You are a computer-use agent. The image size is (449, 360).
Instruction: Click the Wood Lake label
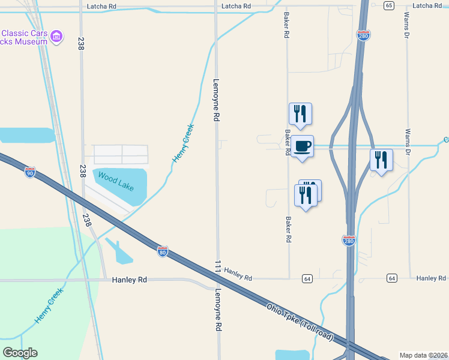click(x=116, y=181)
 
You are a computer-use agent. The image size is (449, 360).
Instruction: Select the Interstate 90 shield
click(x=30, y=173)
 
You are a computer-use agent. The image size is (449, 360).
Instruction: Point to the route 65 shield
click(x=389, y=5)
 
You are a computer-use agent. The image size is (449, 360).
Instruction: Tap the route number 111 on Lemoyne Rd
click(x=217, y=266)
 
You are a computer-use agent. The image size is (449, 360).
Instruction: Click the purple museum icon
click(x=57, y=37)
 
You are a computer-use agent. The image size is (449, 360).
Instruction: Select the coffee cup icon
click(x=303, y=146)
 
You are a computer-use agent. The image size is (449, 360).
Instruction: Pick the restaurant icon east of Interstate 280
click(x=381, y=160)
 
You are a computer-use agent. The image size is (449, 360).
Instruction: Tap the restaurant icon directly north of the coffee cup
click(x=300, y=113)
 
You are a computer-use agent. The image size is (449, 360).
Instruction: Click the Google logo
click(x=20, y=353)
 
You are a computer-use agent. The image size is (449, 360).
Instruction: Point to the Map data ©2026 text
click(x=424, y=355)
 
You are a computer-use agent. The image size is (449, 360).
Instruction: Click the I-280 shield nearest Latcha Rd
click(x=363, y=35)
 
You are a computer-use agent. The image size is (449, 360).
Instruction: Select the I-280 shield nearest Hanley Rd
click(x=349, y=241)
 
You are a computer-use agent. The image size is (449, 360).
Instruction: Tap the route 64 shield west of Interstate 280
click(x=307, y=278)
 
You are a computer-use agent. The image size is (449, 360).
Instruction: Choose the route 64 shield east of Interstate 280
click(x=391, y=278)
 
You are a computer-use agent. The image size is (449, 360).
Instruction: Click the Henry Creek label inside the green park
click(x=49, y=304)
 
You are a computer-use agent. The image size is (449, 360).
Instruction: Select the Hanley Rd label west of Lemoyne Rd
click(x=130, y=280)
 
